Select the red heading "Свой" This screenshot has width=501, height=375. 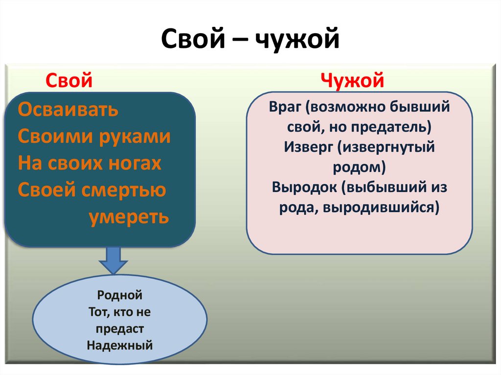pos(69,80)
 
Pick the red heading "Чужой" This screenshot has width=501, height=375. pos(353,80)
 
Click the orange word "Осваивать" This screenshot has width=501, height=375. pos(68,110)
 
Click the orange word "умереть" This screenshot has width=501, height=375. pos(129,216)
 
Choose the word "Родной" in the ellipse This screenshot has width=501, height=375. pos(120,295)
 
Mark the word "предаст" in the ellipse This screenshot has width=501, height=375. pos(120,329)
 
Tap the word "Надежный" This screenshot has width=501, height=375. pos(120,345)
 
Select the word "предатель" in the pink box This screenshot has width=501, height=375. pos(394,128)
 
